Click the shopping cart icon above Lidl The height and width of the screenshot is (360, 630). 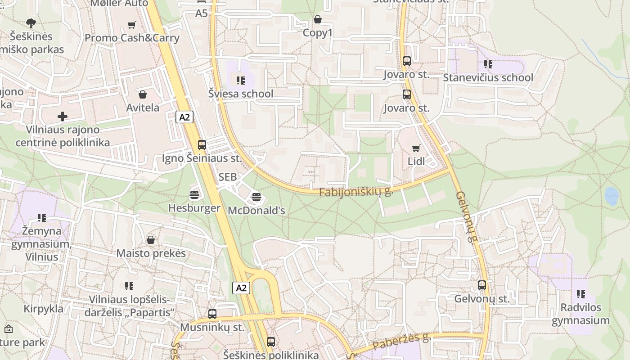tap(416, 148)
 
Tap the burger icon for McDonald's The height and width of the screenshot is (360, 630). tap(256, 197)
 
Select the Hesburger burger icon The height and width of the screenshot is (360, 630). tap(194, 194)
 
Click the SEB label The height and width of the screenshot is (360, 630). tap(227, 177)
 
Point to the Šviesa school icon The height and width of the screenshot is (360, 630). tap(241, 81)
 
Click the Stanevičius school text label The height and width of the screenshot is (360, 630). tap(488, 77)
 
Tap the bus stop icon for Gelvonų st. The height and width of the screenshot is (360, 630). tap(482, 285)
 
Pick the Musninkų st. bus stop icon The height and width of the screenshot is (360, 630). tap(212, 314)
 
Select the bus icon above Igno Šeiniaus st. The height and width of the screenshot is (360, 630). tap(202, 145)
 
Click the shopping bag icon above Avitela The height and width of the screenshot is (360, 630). tap(143, 94)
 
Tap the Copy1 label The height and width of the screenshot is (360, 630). tap(317, 33)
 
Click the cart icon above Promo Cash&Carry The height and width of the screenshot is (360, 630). tap(132, 25)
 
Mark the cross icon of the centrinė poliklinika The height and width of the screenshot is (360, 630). tap(63, 117)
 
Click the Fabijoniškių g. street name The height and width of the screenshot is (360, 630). tap(355, 192)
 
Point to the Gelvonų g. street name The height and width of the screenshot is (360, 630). tap(466, 216)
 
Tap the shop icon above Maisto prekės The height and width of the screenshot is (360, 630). tap(151, 240)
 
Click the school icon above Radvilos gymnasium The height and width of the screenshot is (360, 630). tap(580, 294)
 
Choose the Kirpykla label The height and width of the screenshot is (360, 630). tap(43, 309)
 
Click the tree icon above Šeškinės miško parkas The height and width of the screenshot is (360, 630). tap(31, 23)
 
